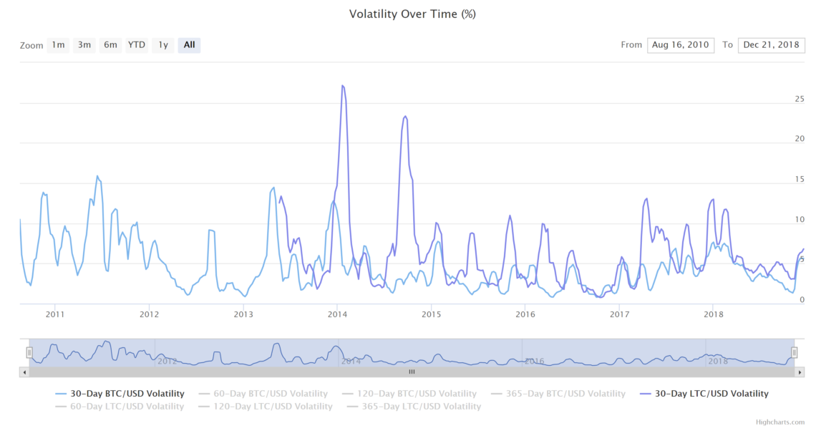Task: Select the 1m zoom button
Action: point(58,45)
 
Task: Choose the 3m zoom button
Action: point(84,45)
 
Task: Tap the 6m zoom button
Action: point(110,45)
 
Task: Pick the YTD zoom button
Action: point(136,45)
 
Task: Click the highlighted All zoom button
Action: point(189,45)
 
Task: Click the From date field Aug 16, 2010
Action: point(680,45)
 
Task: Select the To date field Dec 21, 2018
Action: point(771,45)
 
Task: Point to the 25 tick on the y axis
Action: point(800,100)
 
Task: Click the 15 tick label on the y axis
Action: point(800,180)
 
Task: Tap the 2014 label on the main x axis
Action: point(337,314)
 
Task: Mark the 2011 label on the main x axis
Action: point(55,314)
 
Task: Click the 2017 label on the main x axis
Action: point(619,314)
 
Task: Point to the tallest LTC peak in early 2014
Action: point(343,86)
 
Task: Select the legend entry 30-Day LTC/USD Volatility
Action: point(711,394)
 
